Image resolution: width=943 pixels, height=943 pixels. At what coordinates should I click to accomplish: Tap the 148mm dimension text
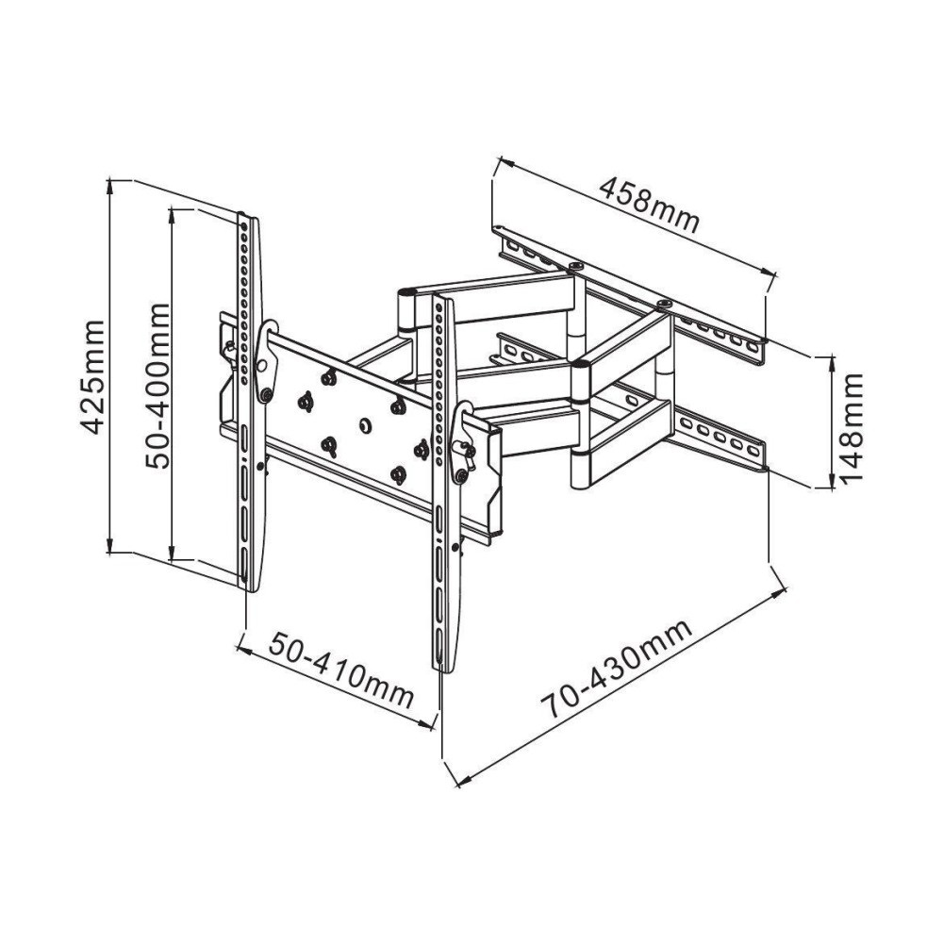tap(852, 426)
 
